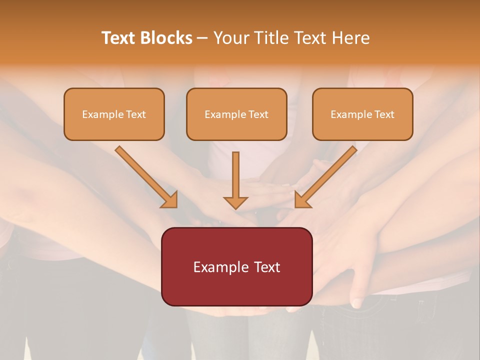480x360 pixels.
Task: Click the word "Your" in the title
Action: pyautogui.click(x=230, y=38)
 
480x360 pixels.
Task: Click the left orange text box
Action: pyautogui.click(x=114, y=114)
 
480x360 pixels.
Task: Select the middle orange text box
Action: pyautogui.click(x=236, y=114)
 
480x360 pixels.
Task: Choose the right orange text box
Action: pyautogui.click(x=362, y=114)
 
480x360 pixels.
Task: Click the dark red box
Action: pyautogui.click(x=236, y=266)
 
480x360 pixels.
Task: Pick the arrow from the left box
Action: pyautogui.click(x=145, y=175)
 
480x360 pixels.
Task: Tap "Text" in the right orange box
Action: pyautogui.click(x=384, y=114)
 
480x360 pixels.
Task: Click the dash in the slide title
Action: pyautogui.click(x=202, y=38)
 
